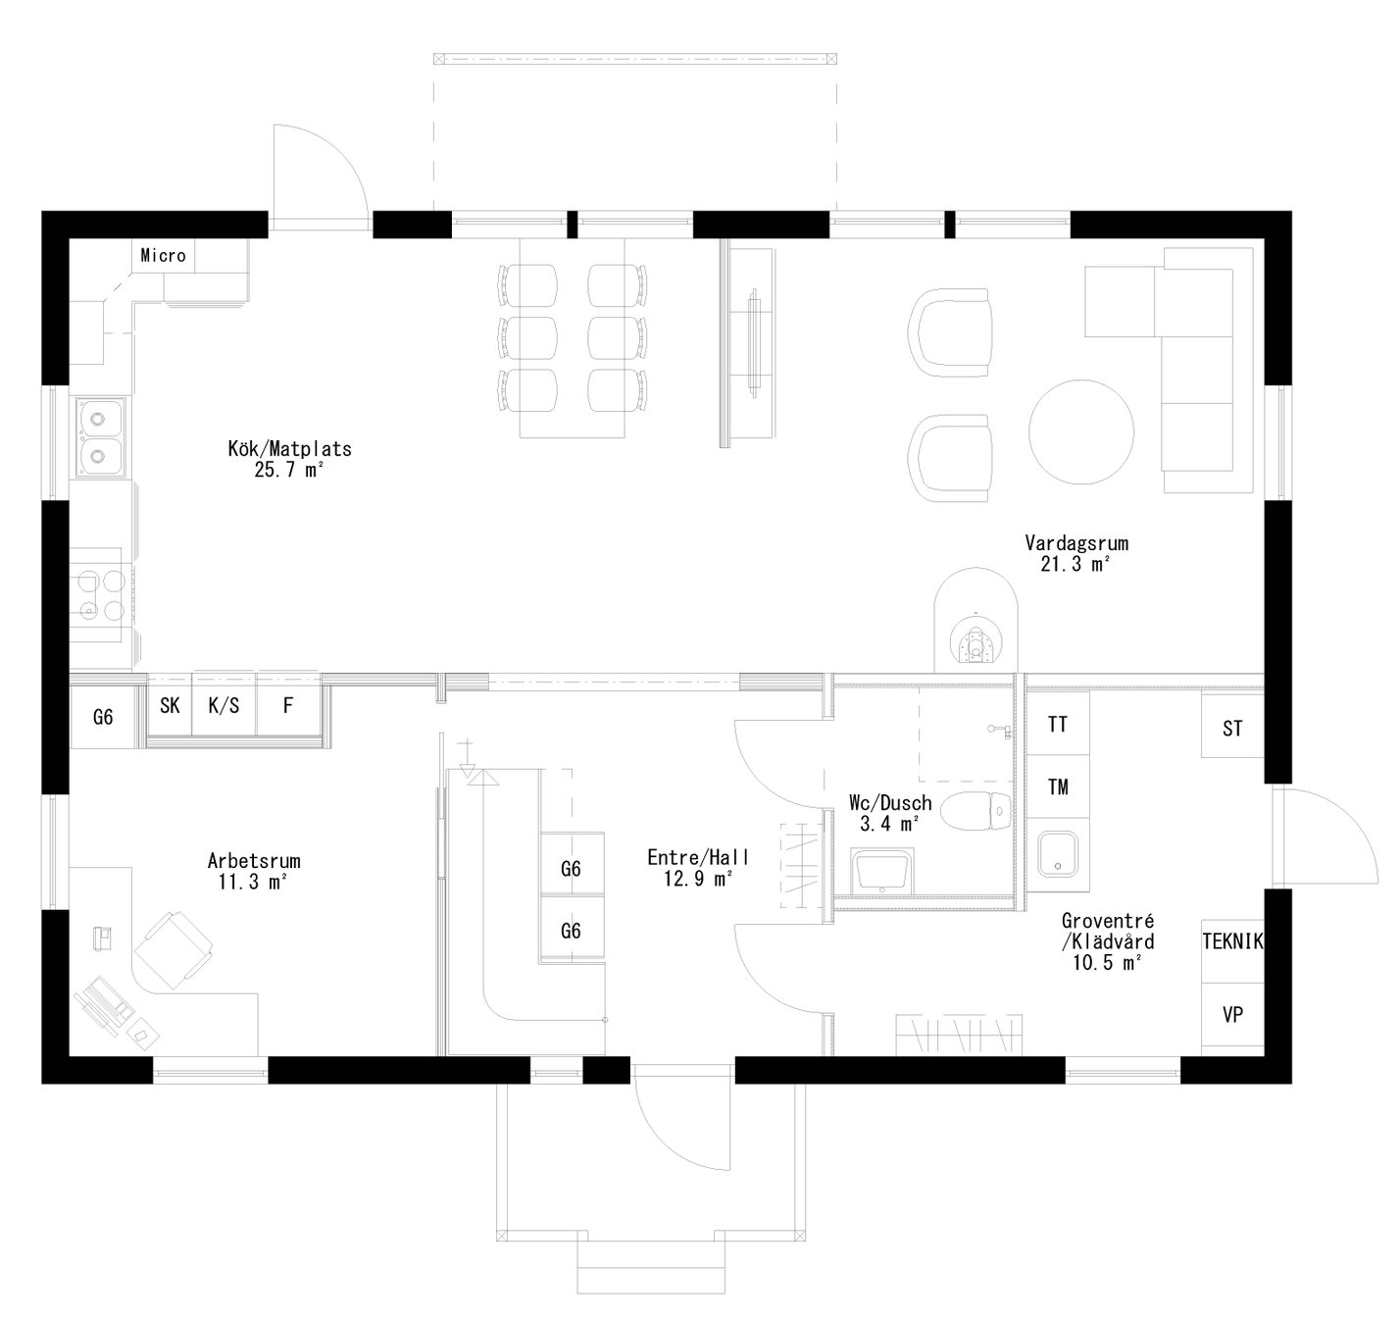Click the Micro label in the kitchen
[x=163, y=256]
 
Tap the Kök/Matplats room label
[x=289, y=459]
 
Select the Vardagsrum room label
[x=1076, y=553]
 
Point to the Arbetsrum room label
[x=254, y=871]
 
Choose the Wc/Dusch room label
[x=890, y=813]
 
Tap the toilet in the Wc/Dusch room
[x=975, y=811]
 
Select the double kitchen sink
[x=98, y=436]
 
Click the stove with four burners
[x=101, y=596]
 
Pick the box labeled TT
[x=1058, y=725]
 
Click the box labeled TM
[x=1058, y=786]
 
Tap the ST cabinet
[x=1232, y=729]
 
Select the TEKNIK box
[x=1232, y=941]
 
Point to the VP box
[x=1232, y=1015]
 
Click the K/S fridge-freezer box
[x=224, y=705]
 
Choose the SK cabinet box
[x=170, y=705]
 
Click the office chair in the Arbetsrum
[x=174, y=948]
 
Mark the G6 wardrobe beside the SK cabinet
[x=103, y=717]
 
